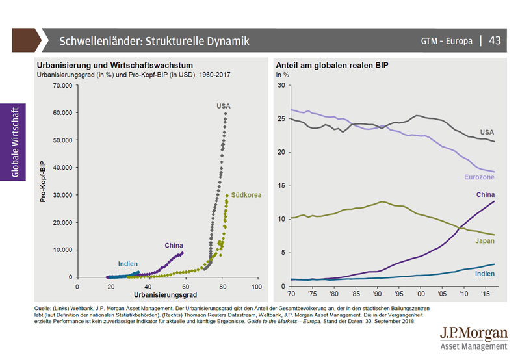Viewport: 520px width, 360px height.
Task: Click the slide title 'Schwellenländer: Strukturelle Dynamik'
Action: pyautogui.click(x=154, y=41)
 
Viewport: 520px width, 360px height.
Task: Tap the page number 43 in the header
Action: pyautogui.click(x=495, y=40)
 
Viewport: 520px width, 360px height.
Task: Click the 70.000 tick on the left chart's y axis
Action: pyautogui.click(x=62, y=85)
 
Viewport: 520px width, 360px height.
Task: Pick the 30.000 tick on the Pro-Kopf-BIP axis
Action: pyautogui.click(x=62, y=195)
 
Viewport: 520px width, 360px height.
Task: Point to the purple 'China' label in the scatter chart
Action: pyautogui.click(x=174, y=245)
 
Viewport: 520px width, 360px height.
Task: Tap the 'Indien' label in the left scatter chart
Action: pyautogui.click(x=127, y=263)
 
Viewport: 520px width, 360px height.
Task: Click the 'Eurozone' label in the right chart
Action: pyautogui.click(x=480, y=177)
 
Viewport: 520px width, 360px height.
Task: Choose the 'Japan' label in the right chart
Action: pyautogui.click(x=484, y=241)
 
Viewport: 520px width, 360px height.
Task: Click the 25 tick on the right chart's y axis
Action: pyautogui.click(x=281, y=119)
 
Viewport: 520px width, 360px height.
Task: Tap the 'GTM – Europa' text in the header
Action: pyautogui.click(x=446, y=41)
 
